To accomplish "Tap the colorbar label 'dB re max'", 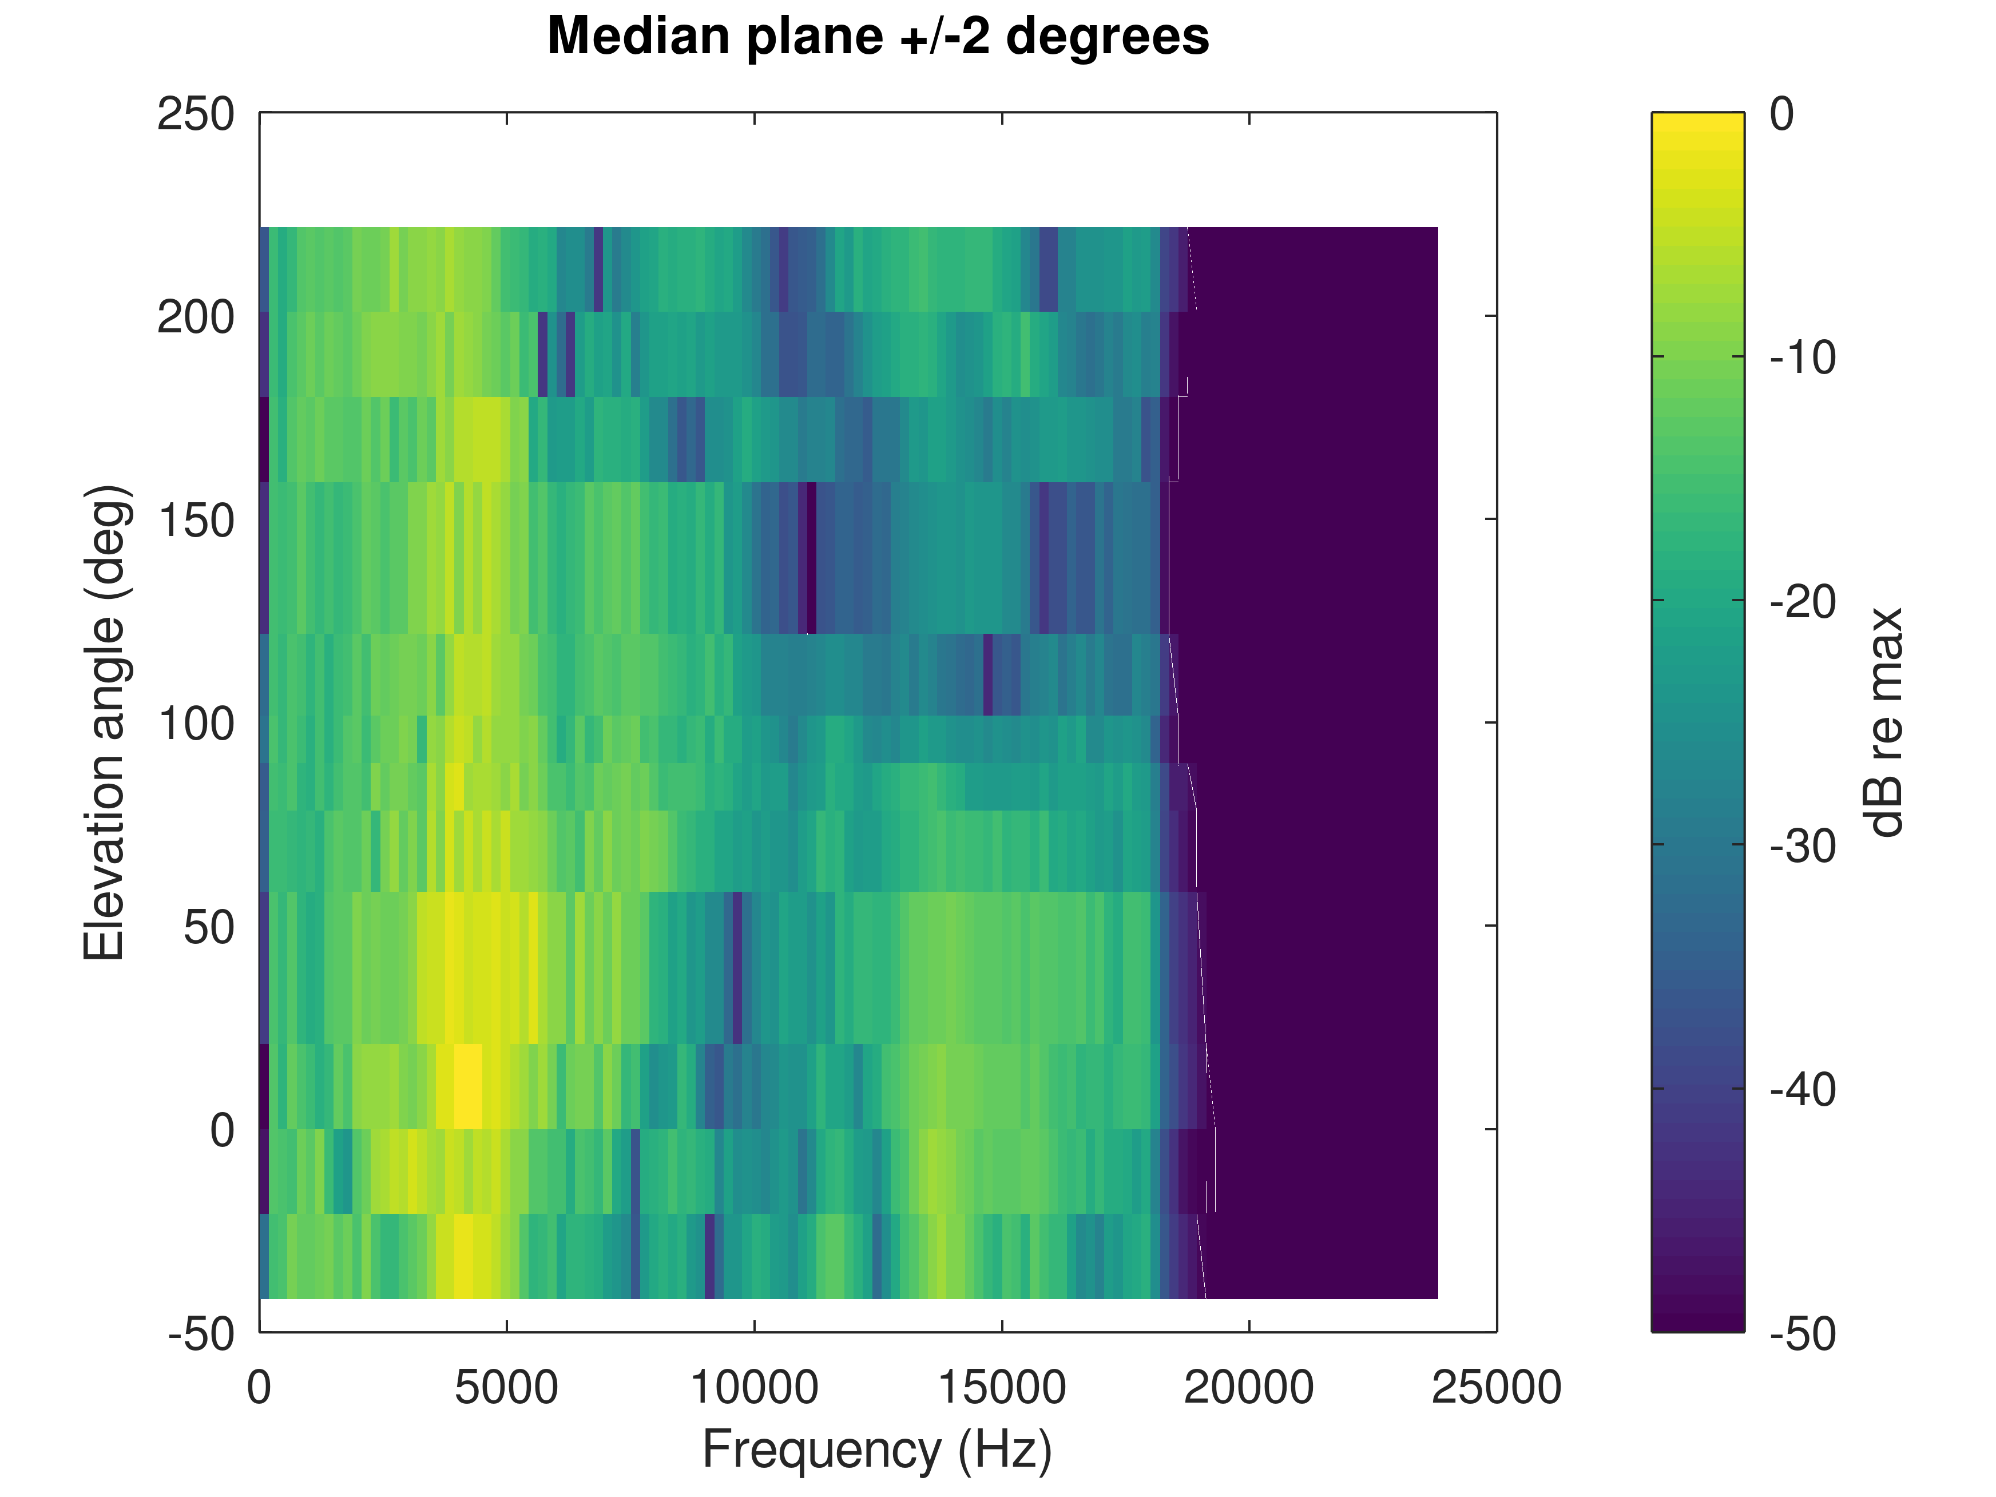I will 1884,722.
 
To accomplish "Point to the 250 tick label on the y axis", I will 196,116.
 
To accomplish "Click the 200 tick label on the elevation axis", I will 196,317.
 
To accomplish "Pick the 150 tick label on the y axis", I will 196,521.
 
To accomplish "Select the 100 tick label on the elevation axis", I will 196,724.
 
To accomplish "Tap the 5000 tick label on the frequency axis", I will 506,1387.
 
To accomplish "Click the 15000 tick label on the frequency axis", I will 1002,1387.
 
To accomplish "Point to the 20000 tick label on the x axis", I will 1249,1387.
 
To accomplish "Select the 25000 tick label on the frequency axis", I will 1496,1387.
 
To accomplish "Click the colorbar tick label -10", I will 1803,358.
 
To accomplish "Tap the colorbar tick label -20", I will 1803,602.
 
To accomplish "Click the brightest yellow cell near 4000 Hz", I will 467,1086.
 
